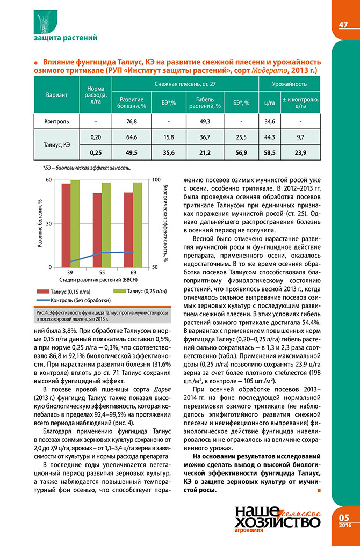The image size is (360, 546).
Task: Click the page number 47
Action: click(x=343, y=25)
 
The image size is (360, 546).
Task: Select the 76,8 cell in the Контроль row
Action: click(x=132, y=121)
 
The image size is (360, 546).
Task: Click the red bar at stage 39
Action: click(x=66, y=225)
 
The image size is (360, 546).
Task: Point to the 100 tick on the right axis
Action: click(x=155, y=180)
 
